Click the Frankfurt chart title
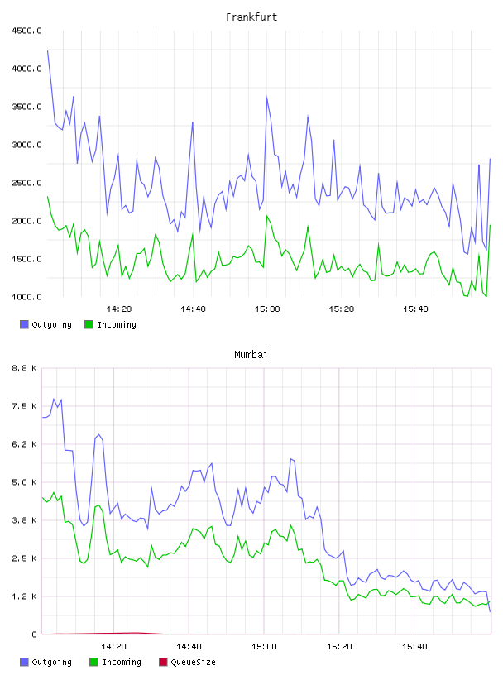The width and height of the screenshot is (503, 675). pyautogui.click(x=251, y=17)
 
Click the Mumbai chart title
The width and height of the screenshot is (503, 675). pyautogui.click(x=251, y=355)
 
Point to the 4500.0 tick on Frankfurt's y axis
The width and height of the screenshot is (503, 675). pyautogui.click(x=27, y=31)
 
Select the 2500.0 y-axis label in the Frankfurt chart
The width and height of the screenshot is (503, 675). pyautogui.click(x=27, y=183)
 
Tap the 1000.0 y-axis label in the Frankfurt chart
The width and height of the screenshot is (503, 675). pyautogui.click(x=27, y=297)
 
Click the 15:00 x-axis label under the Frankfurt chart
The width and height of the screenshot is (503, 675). pyautogui.click(x=267, y=309)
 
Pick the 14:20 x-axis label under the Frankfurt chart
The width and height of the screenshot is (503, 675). pyautogui.click(x=119, y=309)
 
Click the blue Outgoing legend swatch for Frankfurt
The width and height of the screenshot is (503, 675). pyautogui.click(x=24, y=324)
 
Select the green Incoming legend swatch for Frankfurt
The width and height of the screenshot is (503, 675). pyautogui.click(x=89, y=324)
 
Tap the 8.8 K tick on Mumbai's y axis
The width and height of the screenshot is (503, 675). pyautogui.click(x=25, y=368)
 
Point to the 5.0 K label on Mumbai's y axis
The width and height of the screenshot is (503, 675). pyautogui.click(x=25, y=482)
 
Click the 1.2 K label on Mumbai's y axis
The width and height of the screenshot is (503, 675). pyautogui.click(x=25, y=596)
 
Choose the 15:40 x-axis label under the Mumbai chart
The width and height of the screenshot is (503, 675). pyautogui.click(x=414, y=647)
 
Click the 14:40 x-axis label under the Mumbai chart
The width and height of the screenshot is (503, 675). pyautogui.click(x=189, y=647)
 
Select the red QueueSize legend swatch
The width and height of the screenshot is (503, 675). pyautogui.click(x=163, y=662)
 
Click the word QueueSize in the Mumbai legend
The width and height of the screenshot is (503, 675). pyautogui.click(x=193, y=663)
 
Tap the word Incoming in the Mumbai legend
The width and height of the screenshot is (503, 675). pyautogui.click(x=122, y=663)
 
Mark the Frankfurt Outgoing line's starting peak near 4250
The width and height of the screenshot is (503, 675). pyautogui.click(x=47, y=50)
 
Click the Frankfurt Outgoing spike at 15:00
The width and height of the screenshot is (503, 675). pyautogui.click(x=267, y=98)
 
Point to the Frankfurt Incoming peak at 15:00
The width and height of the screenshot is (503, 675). pyautogui.click(x=267, y=216)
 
